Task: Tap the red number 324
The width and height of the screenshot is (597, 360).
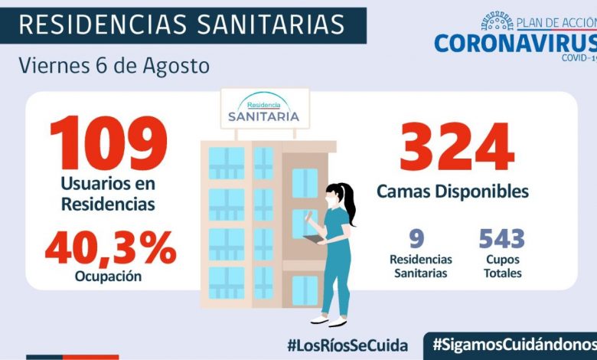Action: click(x=457, y=148)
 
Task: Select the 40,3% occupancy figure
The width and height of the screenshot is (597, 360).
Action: click(x=110, y=247)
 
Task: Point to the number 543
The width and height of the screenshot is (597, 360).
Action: click(x=502, y=239)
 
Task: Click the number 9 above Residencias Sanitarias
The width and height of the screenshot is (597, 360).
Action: click(x=417, y=239)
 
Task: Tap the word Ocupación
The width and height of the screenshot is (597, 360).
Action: click(x=109, y=277)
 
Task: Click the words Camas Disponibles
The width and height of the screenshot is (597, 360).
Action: click(x=452, y=191)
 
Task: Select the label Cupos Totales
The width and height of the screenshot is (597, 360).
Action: click(x=502, y=266)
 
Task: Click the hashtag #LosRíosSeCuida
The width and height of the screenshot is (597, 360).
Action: click(x=347, y=345)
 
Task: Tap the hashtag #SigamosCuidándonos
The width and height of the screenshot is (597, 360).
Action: click(x=513, y=345)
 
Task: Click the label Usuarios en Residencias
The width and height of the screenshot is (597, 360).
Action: click(x=109, y=194)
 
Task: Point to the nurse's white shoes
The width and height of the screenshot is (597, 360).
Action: click(x=327, y=319)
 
